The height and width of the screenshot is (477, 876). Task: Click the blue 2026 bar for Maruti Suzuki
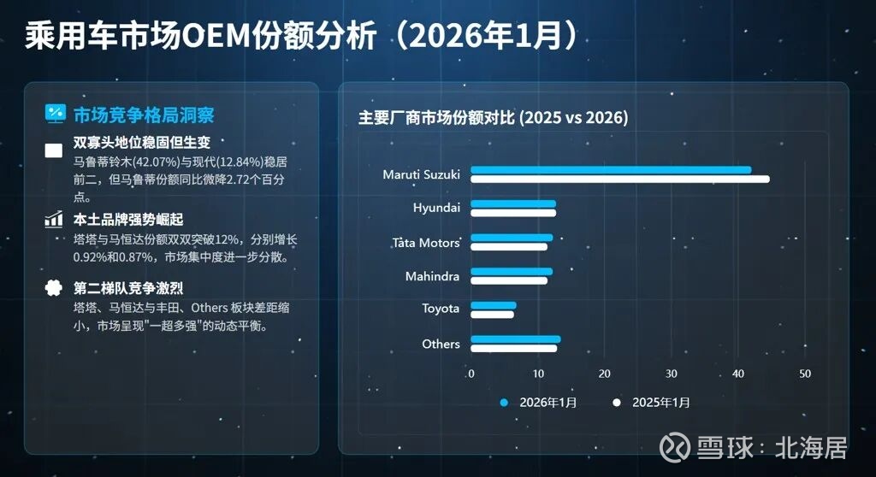pyautogui.click(x=611, y=170)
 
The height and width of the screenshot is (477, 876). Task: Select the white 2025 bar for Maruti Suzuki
pyautogui.click(x=620, y=179)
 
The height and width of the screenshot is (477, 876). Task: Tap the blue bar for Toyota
pyautogui.click(x=494, y=305)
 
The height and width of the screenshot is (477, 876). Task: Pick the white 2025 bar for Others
pyautogui.click(x=514, y=349)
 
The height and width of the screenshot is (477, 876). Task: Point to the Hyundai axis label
pyautogui.click(x=436, y=208)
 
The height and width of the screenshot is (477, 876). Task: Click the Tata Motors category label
pyautogui.click(x=425, y=243)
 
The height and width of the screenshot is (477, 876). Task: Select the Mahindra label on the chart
pyautogui.click(x=432, y=276)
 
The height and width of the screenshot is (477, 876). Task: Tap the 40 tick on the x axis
pyautogui.click(x=738, y=374)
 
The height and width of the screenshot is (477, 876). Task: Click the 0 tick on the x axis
pyautogui.click(x=471, y=374)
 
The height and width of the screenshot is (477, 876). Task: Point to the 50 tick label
pyautogui.click(x=805, y=374)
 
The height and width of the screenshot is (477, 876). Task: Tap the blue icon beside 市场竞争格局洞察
pyautogui.click(x=55, y=114)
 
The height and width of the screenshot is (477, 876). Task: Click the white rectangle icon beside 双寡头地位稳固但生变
pyautogui.click(x=54, y=151)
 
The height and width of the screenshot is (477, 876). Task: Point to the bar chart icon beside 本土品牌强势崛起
pyautogui.click(x=54, y=220)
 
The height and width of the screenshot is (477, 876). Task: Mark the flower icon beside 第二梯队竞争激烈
pyautogui.click(x=54, y=288)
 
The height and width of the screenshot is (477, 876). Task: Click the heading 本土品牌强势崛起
pyautogui.click(x=128, y=220)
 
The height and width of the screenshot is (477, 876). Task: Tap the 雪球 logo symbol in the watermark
pyautogui.click(x=679, y=447)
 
